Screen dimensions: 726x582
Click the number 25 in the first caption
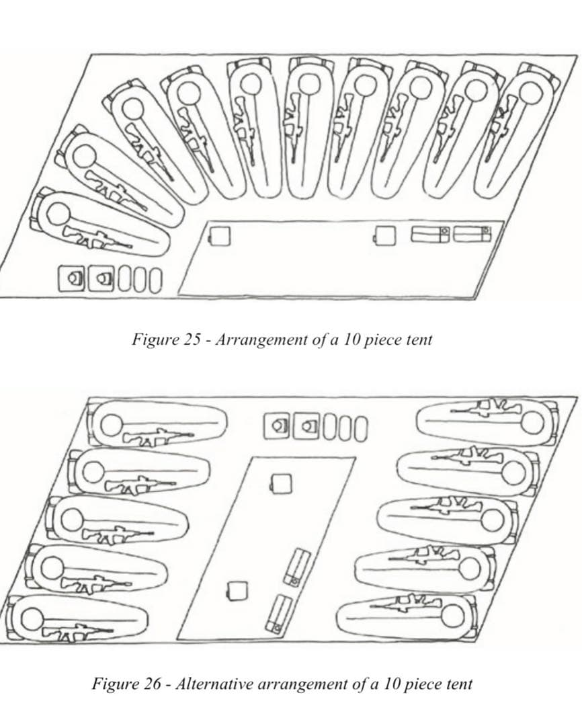click(192, 339)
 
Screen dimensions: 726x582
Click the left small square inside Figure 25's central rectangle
click(219, 236)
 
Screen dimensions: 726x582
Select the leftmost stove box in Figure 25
click(73, 277)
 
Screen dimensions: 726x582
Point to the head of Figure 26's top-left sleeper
click(112, 424)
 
